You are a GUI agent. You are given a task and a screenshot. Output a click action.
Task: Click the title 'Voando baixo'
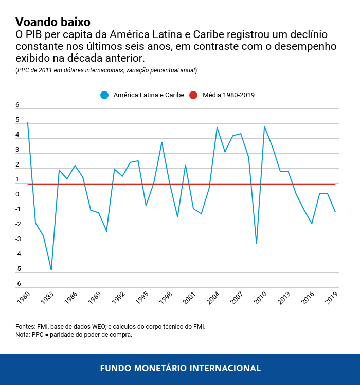tap(53, 22)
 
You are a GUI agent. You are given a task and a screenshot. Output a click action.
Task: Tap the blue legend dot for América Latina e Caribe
tap(105, 95)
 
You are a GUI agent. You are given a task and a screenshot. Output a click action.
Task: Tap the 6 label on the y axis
tap(17, 105)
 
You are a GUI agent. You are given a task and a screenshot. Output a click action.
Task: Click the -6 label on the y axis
tap(17, 284)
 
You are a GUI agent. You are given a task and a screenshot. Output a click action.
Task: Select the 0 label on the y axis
tap(17, 195)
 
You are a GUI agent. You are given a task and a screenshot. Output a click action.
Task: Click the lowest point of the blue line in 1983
tap(51, 269)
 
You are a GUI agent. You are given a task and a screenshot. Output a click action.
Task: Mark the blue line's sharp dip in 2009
tap(256, 244)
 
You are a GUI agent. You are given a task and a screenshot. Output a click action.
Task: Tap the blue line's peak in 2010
tap(264, 126)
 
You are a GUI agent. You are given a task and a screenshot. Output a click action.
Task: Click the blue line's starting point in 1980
tap(28, 122)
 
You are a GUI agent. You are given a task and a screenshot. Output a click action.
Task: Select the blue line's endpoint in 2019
tap(335, 212)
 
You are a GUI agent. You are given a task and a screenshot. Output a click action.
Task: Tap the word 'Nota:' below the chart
tap(24, 335)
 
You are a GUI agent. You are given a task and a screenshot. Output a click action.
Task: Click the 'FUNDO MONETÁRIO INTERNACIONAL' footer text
tap(180, 368)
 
